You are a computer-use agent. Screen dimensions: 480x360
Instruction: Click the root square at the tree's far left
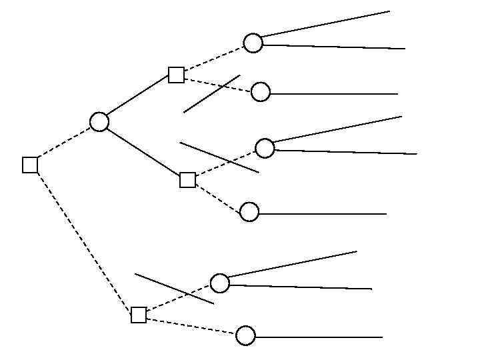(x=30, y=165)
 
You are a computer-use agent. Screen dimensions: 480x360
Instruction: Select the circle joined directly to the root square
(x=99, y=122)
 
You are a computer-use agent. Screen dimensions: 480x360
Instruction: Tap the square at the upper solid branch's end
(x=176, y=75)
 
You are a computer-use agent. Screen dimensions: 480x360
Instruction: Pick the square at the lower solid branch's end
(x=188, y=180)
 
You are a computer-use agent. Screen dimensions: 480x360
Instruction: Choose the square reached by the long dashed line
(x=139, y=315)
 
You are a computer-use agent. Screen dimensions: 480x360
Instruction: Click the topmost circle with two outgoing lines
(x=253, y=43)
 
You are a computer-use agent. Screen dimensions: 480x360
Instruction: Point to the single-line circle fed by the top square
(x=261, y=92)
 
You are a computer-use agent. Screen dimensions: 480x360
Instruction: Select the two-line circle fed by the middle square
(x=265, y=148)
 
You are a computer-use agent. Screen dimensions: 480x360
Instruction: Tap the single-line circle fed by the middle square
(x=249, y=212)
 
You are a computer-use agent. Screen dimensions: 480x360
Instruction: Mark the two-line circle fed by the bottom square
(x=220, y=283)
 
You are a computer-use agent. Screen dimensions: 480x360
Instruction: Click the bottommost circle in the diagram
(x=246, y=335)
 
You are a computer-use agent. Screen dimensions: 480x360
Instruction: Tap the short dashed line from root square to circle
(x=63, y=144)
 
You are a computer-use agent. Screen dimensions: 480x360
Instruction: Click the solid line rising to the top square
(x=138, y=98)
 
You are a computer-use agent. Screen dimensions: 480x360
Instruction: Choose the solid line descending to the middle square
(x=143, y=151)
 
